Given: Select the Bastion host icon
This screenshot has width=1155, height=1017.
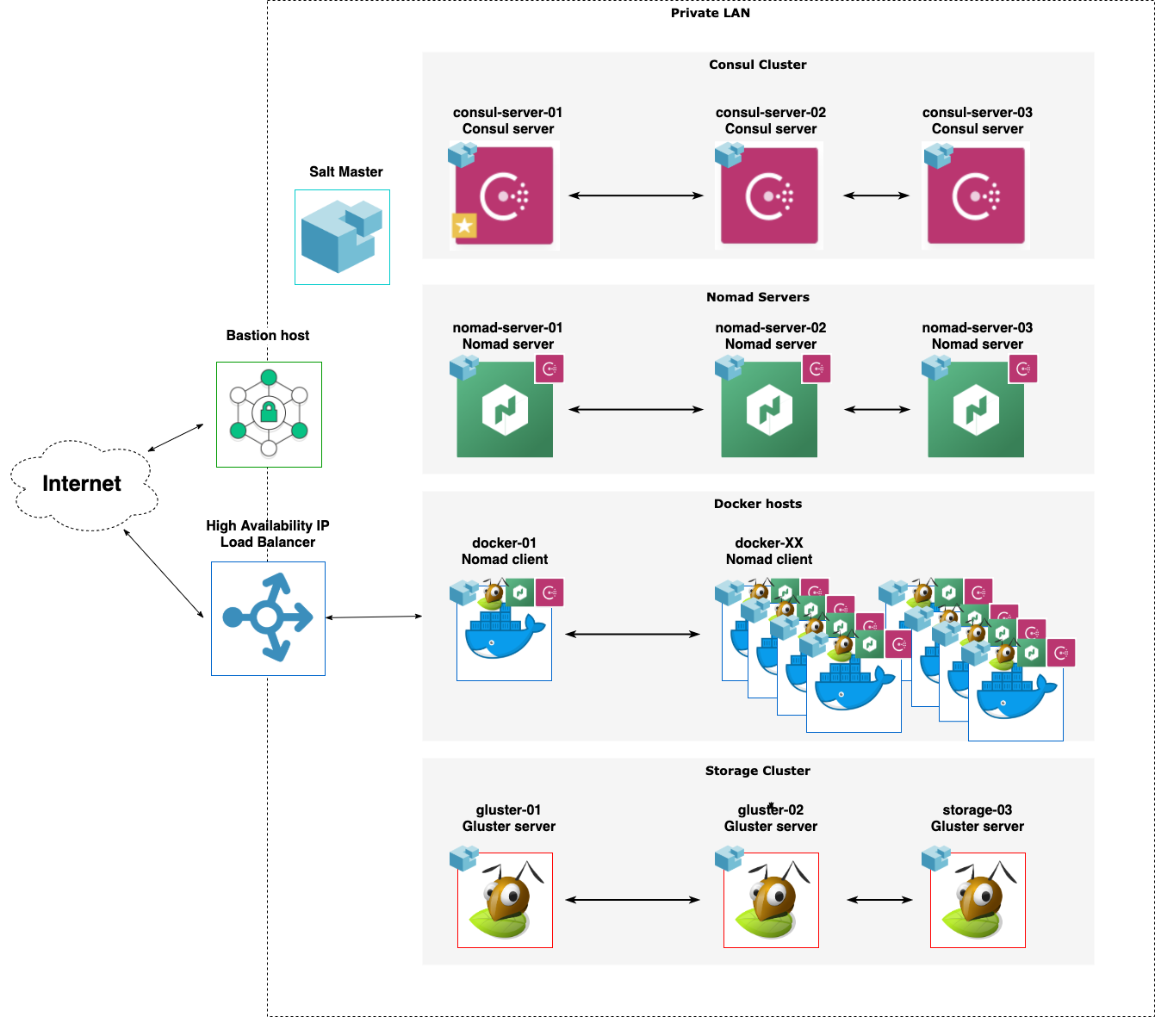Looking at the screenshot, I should click(269, 414).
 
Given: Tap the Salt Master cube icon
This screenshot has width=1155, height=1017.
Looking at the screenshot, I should click(342, 237).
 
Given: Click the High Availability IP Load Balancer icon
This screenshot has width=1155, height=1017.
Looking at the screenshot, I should click(268, 617).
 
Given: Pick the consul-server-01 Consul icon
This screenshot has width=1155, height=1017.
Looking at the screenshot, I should click(505, 195).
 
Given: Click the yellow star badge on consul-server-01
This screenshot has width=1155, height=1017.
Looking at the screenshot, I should click(464, 226).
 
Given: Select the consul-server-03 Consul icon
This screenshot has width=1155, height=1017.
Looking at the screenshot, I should click(976, 195).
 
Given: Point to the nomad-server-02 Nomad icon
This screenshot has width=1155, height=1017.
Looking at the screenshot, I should click(769, 410).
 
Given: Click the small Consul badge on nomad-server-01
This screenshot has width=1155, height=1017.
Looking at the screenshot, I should click(550, 369).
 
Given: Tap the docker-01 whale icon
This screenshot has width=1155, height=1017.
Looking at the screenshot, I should click(504, 636).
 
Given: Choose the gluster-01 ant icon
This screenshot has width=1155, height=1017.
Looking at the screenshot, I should click(505, 900).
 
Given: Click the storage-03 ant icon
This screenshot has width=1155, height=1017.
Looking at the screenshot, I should click(978, 900).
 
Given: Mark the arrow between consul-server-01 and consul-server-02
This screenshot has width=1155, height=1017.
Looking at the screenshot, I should click(636, 195).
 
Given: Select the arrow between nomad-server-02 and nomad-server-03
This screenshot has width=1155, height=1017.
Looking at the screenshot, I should click(877, 409).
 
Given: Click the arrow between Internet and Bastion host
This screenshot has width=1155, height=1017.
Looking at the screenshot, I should click(176, 437).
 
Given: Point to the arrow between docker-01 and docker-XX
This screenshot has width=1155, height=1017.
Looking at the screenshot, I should click(633, 635).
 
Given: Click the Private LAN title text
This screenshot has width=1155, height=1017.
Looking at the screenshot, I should click(710, 13).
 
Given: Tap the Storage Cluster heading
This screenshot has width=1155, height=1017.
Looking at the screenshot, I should click(757, 771).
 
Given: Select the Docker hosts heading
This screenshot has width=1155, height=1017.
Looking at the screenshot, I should click(757, 504).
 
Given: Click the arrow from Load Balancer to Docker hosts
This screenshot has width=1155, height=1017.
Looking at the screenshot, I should click(374, 617).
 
